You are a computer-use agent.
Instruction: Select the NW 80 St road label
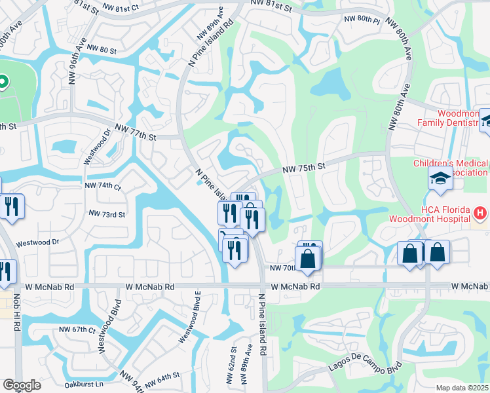[101, 50]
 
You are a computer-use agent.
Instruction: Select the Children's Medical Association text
[451, 168]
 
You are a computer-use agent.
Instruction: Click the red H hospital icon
[480, 213]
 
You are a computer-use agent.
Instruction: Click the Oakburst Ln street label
[81, 384]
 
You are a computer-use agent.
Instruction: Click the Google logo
[22, 384]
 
